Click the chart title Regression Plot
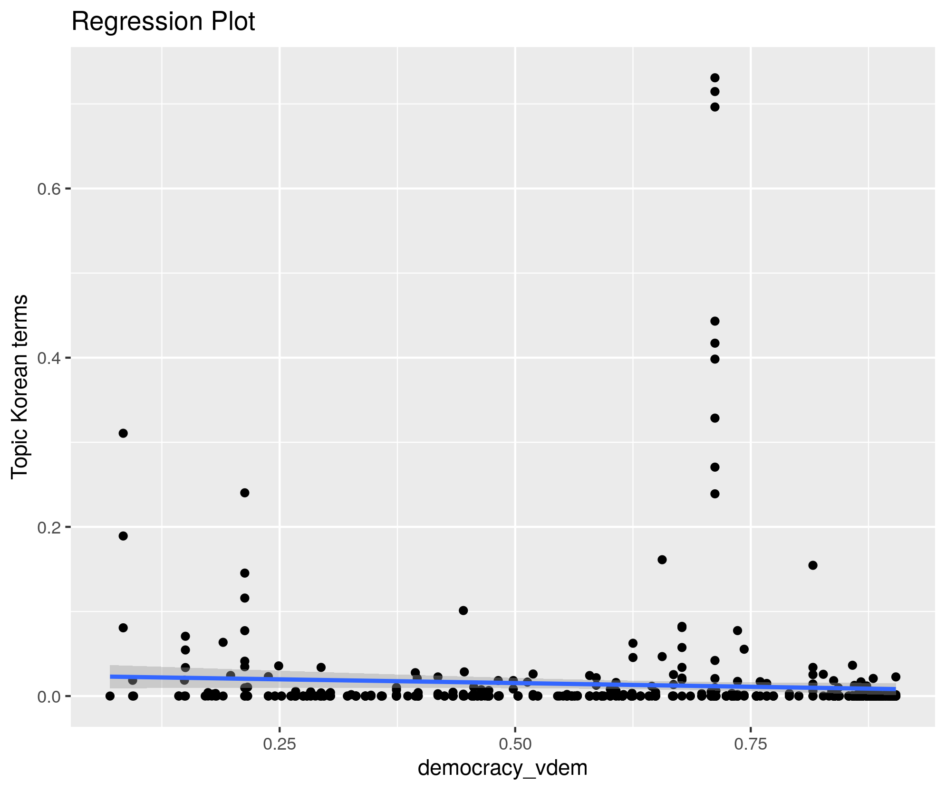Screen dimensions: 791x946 coord(163,22)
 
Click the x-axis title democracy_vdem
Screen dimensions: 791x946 coord(502,768)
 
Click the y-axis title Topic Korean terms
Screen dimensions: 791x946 coord(20,386)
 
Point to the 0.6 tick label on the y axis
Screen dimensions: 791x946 coord(49,189)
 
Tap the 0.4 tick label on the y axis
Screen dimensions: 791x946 coord(49,358)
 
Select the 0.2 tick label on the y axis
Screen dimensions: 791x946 coord(49,527)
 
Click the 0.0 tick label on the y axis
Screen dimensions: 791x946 coord(49,696)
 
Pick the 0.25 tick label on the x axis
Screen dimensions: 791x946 coord(280,744)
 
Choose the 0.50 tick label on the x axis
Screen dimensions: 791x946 coord(515,744)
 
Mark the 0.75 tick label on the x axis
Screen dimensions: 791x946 coord(751,744)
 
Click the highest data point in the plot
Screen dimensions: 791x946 coord(714,78)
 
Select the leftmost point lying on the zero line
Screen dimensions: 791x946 coord(110,696)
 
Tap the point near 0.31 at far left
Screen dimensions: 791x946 coord(123,433)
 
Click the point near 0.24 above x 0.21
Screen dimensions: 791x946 coord(245,493)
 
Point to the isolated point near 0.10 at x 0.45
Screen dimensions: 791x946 coord(463,610)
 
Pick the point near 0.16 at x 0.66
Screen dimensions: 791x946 coord(662,560)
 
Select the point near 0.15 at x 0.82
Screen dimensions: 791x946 coord(813,565)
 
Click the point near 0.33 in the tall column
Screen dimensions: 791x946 coord(714,418)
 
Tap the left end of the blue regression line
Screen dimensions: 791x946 coord(111,677)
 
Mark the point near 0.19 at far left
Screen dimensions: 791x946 coord(123,536)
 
